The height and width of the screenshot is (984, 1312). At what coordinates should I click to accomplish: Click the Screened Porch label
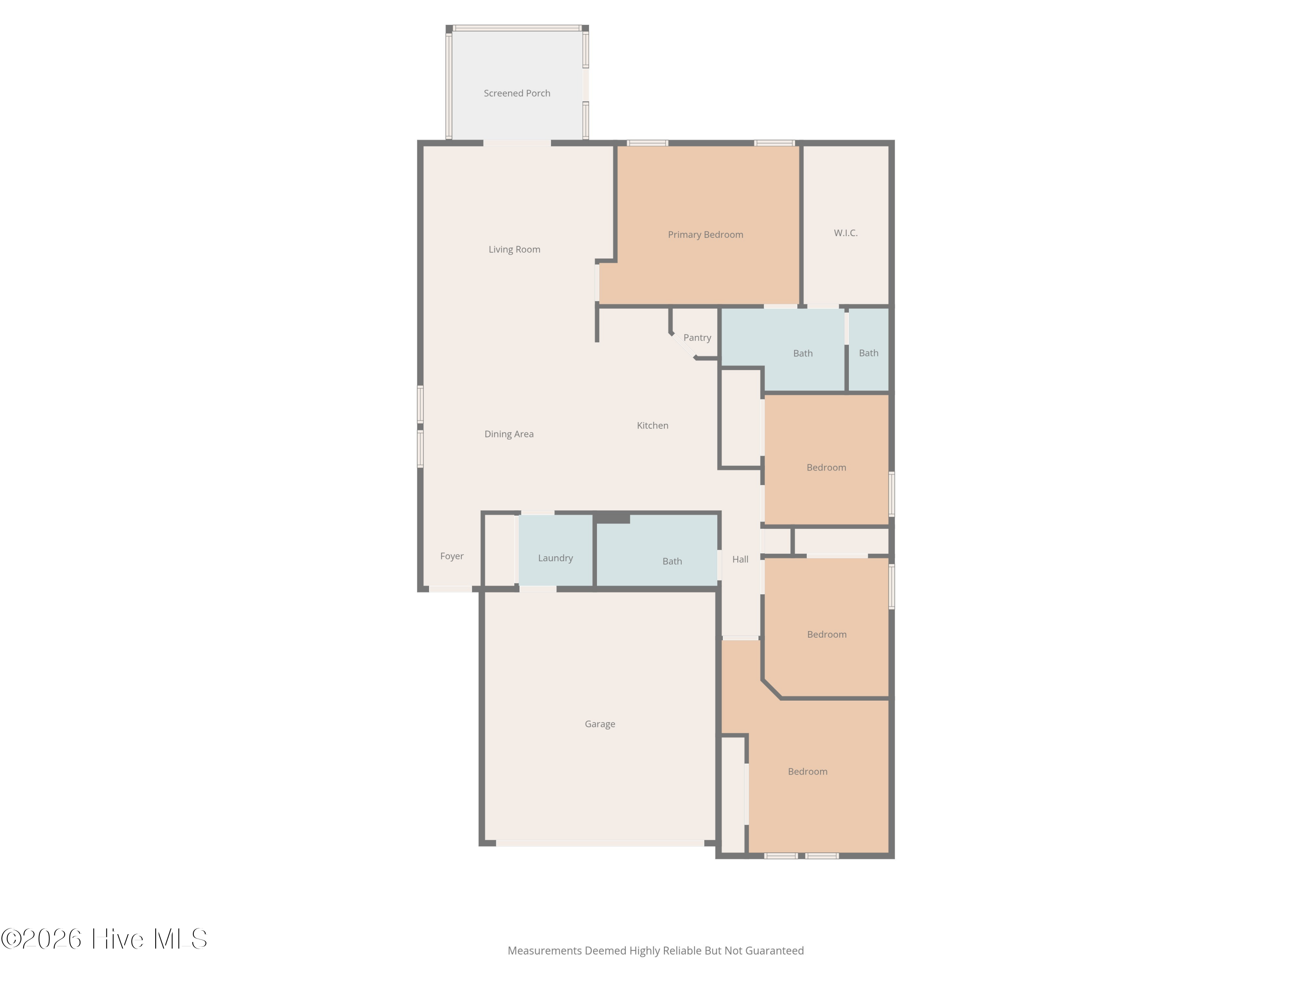coord(516,93)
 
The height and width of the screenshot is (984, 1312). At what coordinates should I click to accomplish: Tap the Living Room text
coord(514,249)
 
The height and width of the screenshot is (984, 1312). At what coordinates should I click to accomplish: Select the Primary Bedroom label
coord(705,234)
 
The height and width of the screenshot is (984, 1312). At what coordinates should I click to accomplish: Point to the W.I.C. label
coord(845,233)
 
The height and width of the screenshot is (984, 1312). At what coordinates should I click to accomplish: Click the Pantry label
coord(697,338)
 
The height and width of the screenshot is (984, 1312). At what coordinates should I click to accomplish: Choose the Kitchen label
coord(653,425)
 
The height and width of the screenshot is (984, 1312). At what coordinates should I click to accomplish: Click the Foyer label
coord(451,556)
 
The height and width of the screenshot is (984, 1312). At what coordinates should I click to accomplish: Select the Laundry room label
coord(555,558)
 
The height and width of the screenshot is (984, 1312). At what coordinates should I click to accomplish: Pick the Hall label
coord(740,559)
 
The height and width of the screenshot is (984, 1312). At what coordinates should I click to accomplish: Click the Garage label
coord(600,724)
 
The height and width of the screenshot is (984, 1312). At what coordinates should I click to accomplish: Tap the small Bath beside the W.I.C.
coord(869,353)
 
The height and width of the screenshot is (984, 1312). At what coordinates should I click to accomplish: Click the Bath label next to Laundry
coord(672,561)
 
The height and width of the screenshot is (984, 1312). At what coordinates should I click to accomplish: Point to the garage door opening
coord(600,843)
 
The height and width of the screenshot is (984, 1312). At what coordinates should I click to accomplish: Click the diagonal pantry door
coord(683,346)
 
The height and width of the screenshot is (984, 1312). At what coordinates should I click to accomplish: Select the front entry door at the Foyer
coord(450,589)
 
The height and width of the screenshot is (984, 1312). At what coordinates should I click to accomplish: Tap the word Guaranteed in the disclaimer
coord(774,951)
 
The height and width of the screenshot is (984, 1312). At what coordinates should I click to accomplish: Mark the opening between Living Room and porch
coord(516,143)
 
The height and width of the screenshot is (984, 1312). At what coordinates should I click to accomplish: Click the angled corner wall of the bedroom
coord(771,689)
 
